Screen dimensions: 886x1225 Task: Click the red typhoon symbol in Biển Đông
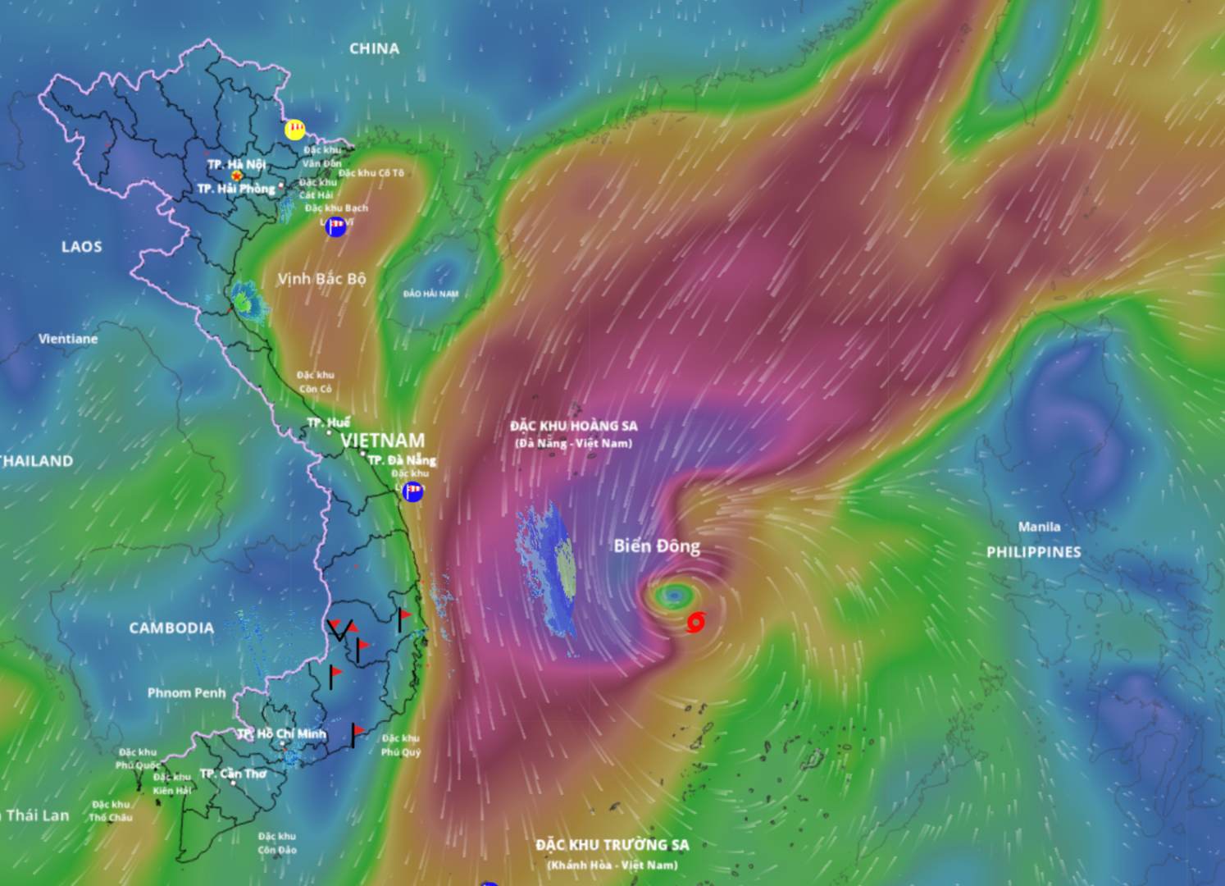(x=695, y=623)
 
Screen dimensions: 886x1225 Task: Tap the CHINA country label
(x=374, y=48)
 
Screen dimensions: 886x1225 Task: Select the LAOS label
(x=81, y=246)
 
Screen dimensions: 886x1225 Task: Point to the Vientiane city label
(x=68, y=338)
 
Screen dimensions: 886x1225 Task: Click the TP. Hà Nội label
(x=236, y=164)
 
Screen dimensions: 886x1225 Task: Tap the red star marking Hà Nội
(x=237, y=176)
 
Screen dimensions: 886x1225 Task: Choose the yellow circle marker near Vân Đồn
(x=294, y=130)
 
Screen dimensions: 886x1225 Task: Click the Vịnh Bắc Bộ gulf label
(x=321, y=279)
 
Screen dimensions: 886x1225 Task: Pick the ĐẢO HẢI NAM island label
(x=430, y=294)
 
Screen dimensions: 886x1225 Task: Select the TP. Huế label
(x=328, y=422)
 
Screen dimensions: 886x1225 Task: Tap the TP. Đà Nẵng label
(x=401, y=459)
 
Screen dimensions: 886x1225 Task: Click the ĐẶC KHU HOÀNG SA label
(x=573, y=426)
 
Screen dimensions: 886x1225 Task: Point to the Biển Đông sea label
(x=657, y=546)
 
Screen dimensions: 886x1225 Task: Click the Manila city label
(x=1039, y=527)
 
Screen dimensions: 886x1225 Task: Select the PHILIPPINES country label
(x=1033, y=552)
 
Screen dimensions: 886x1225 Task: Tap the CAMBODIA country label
(x=171, y=628)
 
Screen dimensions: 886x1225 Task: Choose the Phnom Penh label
(x=186, y=692)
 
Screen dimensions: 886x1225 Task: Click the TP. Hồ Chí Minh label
(x=282, y=733)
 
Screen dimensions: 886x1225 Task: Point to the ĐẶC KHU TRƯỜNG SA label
(x=612, y=845)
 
